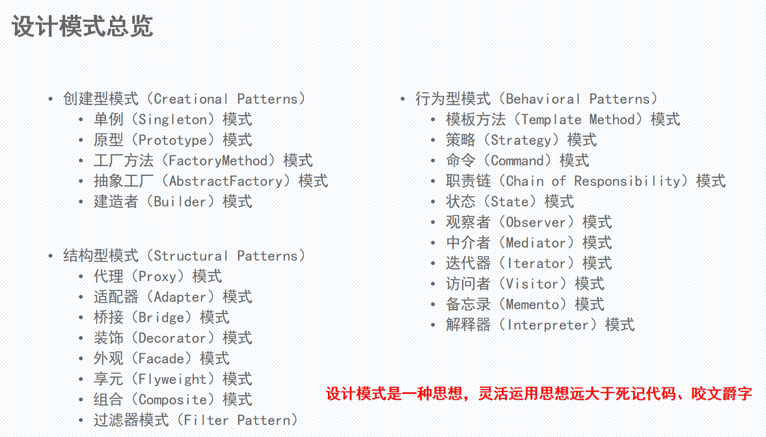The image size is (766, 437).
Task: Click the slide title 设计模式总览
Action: [82, 26]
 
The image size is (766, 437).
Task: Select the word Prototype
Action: [173, 141]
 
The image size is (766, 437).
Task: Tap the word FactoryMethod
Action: [218, 161]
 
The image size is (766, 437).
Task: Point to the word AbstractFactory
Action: [226, 182]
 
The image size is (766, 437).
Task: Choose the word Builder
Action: [180, 202]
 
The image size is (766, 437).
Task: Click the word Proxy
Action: [157, 277]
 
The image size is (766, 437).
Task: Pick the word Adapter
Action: [180, 297]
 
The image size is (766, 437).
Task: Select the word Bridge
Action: [162, 318]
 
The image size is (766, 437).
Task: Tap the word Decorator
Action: [172, 338]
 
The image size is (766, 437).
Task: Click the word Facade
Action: [162, 359]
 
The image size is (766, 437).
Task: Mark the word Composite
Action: [173, 400]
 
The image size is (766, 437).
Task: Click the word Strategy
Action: [521, 141]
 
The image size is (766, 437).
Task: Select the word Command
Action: [517, 161]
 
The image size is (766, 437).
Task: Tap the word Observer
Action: [536, 222]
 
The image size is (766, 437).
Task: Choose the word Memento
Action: [532, 304]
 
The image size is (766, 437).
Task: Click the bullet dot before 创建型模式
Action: [51, 100]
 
